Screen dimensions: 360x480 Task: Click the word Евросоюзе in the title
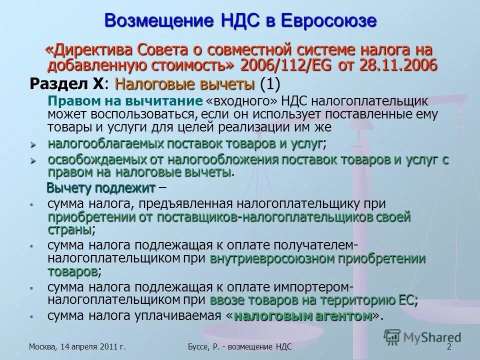tap(327, 21)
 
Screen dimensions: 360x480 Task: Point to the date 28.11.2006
tap(400, 65)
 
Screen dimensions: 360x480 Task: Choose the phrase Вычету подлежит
tap(101, 188)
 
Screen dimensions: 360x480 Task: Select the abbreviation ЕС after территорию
tap(407, 300)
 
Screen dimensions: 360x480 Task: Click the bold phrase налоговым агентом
tap(303, 316)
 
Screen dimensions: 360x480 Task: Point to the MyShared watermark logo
tap(422, 337)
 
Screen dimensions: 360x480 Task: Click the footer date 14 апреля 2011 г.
tap(92, 347)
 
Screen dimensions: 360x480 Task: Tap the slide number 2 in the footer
tap(448, 347)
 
